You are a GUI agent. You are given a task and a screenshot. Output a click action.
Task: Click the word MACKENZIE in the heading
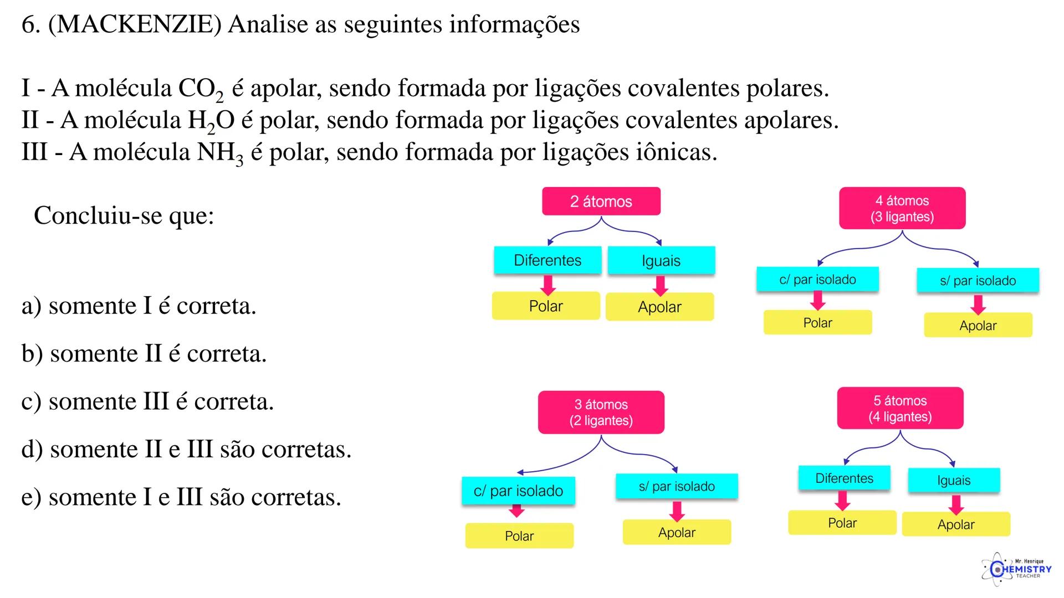[135, 25]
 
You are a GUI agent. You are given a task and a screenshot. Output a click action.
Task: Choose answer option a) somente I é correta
[139, 306]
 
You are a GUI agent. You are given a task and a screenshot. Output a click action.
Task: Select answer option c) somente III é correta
[147, 401]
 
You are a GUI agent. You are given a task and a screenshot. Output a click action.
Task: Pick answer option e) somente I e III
[181, 497]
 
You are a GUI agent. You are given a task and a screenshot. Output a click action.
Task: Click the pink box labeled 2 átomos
[601, 201]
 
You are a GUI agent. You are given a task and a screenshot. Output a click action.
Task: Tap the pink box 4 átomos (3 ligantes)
[902, 208]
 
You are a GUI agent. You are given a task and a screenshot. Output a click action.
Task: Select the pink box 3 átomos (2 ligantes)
[601, 413]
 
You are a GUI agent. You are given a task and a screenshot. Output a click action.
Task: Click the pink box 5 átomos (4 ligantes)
[900, 409]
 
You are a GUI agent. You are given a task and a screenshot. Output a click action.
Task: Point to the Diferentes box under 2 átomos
[548, 260]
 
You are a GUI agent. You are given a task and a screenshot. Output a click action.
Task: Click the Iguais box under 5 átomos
[954, 480]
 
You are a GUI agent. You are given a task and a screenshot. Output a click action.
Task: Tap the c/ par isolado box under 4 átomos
[817, 280]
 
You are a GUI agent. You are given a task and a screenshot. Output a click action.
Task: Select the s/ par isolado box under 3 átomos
[677, 486]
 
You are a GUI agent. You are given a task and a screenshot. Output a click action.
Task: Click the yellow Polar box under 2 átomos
[546, 306]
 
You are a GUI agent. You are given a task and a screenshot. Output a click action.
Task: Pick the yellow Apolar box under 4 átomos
[978, 326]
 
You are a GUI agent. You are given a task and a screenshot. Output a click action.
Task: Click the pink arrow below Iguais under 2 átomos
[660, 285]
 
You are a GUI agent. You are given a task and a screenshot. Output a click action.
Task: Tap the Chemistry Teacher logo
[1016, 569]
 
